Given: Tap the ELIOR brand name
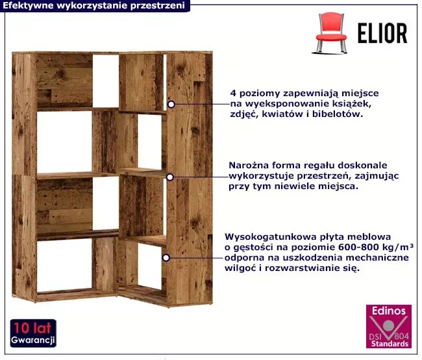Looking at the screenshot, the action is [x=382, y=33].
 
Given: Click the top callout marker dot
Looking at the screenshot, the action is [x=171, y=104].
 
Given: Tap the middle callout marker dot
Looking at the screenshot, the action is [x=170, y=177].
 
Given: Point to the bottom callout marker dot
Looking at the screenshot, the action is [x=166, y=258].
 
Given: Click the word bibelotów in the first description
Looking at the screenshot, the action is [x=338, y=114].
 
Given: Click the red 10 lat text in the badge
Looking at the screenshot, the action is [x=32, y=328].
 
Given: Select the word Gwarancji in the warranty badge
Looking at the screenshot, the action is [x=33, y=340].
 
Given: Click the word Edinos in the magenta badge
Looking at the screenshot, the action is [x=389, y=311].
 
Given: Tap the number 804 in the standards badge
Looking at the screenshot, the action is [x=401, y=336].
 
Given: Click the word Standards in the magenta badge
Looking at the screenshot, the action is [x=390, y=344].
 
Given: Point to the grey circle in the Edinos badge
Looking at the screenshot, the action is [x=388, y=326].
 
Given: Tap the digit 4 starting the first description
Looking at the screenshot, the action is [x=233, y=94].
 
